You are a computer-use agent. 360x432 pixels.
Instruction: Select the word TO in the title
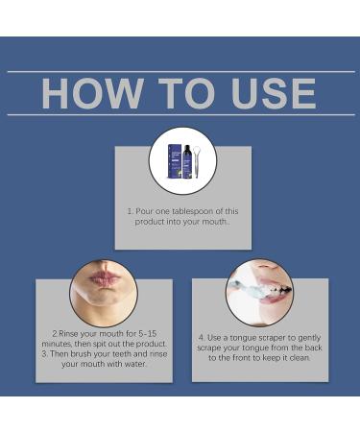point(180,93)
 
